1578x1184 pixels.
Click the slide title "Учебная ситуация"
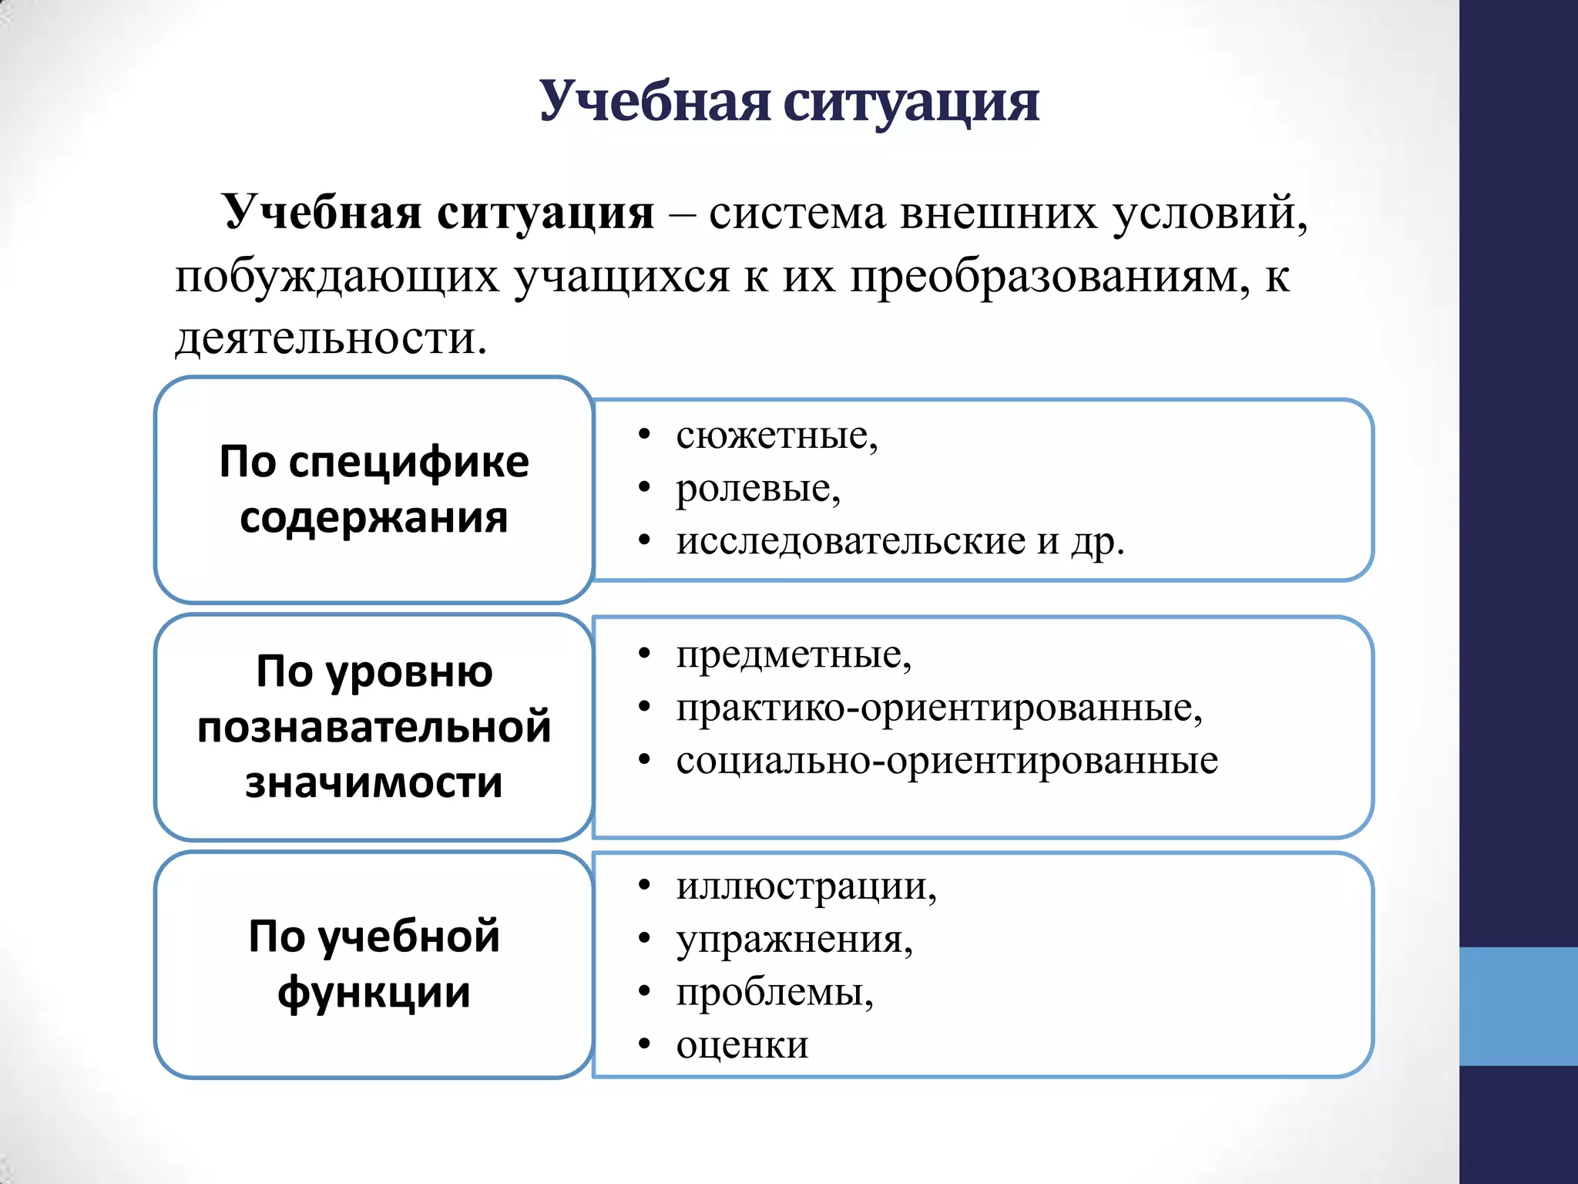pos(788,102)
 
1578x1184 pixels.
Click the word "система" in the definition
pos(797,213)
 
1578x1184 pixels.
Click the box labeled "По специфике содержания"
pos(374,489)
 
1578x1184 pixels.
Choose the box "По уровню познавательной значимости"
pos(374,726)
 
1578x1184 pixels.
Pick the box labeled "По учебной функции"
pos(374,964)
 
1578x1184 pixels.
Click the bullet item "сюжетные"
pos(776,436)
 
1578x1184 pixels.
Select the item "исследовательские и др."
pos(900,541)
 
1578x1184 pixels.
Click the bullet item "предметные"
pos(793,655)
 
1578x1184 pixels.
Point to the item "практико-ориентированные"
pos(938,708)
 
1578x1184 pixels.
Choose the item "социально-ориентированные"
pos(946,761)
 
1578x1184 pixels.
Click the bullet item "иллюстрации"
pos(805,886)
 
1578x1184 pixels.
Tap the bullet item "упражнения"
pos(794,940)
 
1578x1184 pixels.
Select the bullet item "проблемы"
pos(774,992)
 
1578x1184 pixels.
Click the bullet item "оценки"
pos(742,1045)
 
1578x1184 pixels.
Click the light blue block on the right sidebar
pos(1518,1006)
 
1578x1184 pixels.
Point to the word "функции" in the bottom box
pos(374,993)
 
